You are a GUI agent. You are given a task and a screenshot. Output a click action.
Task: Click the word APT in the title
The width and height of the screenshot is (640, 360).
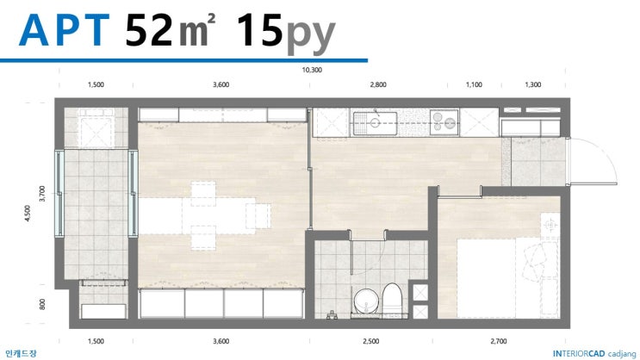(x=64, y=30)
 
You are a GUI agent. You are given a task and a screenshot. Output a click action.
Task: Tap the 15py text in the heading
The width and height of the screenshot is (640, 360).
(x=286, y=34)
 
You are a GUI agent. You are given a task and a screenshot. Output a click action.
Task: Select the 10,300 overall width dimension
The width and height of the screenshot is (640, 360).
(x=312, y=70)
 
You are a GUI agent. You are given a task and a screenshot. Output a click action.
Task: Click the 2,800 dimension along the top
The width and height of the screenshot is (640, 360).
(x=378, y=84)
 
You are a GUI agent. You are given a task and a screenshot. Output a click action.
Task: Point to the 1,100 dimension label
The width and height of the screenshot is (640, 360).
(x=474, y=84)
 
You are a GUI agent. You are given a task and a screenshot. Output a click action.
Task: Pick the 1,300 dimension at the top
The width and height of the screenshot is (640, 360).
(x=532, y=84)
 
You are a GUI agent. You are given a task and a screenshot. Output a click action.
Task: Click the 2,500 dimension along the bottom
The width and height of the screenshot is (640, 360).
(x=370, y=341)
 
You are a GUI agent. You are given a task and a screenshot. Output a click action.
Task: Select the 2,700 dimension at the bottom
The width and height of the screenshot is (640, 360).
(x=499, y=341)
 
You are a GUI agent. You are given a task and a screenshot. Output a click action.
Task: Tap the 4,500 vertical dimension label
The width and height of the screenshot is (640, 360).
(x=28, y=213)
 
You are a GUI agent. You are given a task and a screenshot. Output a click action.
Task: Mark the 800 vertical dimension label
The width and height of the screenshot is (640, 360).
(x=42, y=304)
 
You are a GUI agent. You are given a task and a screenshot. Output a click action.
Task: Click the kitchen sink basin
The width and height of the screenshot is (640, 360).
(x=375, y=123)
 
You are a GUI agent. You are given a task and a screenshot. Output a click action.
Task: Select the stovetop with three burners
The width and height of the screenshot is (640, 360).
(x=444, y=122)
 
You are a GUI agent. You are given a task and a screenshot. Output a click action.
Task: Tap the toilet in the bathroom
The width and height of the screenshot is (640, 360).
(x=392, y=299)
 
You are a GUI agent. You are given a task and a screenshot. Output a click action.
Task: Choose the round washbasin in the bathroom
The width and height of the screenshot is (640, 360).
(x=366, y=301)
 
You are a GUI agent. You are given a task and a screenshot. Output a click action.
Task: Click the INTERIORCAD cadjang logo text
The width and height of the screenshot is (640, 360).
(x=594, y=354)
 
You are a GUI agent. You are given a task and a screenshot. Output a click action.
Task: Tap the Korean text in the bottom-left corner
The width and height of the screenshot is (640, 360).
(x=21, y=353)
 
